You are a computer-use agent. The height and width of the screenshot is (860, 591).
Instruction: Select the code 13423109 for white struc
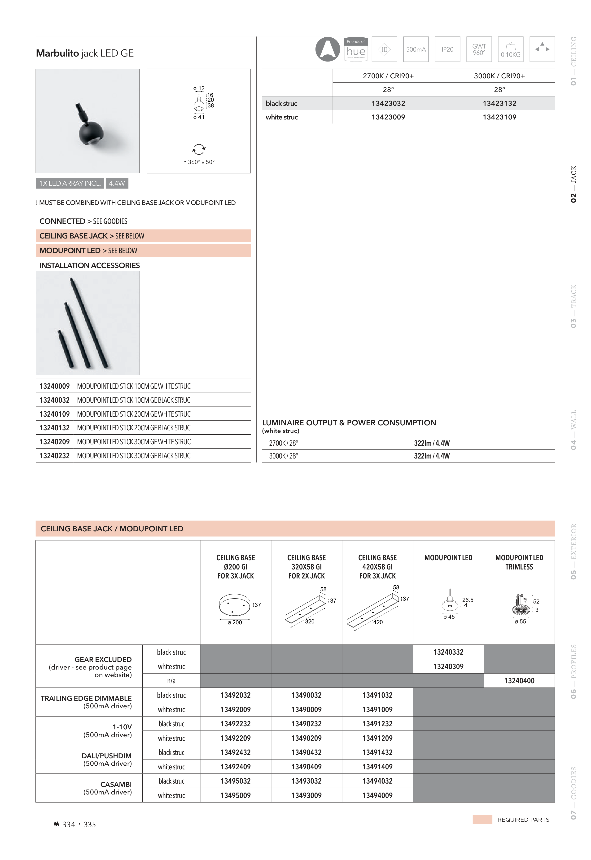pyautogui.click(x=499, y=117)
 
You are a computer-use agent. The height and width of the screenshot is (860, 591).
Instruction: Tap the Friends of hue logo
pyautogui.click(x=356, y=49)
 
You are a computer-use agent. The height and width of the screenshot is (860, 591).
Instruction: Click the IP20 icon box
pyautogui.click(x=447, y=49)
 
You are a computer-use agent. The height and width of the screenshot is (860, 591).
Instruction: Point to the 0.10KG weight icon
pyautogui.click(x=511, y=49)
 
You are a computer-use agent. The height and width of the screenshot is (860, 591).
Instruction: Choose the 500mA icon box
pyautogui.click(x=416, y=49)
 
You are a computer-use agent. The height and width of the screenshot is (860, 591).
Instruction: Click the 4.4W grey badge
pyautogui.click(x=117, y=183)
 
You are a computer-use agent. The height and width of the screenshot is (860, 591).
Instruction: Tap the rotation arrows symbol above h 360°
pyautogui.click(x=199, y=149)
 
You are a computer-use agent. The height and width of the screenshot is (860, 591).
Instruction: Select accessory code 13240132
pyautogui.click(x=54, y=428)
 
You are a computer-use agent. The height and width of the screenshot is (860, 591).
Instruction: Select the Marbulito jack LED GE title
pyautogui.click(x=85, y=53)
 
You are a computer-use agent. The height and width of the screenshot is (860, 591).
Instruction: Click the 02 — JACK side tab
pyautogui.click(x=573, y=184)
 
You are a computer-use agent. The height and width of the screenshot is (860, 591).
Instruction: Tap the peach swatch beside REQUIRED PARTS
pyautogui.click(x=482, y=820)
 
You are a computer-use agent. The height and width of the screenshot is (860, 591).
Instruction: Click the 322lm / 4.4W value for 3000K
pyautogui.click(x=432, y=456)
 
